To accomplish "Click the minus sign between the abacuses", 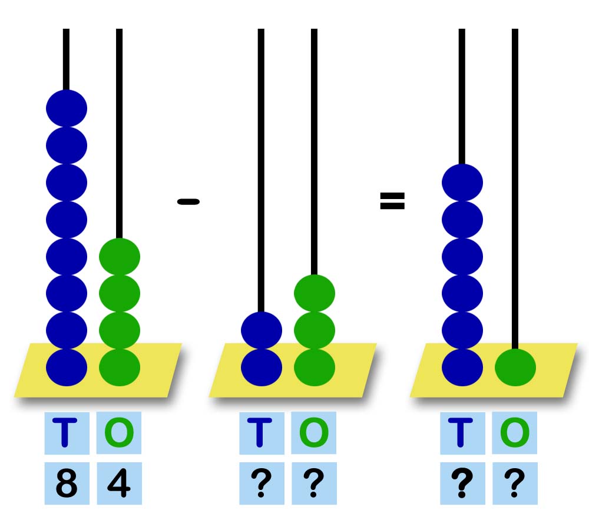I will pyautogui.click(x=188, y=202).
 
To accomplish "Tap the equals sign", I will pyautogui.click(x=392, y=201).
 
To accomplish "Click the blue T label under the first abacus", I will pyautogui.click(x=67, y=433).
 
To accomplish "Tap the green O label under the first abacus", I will pyautogui.click(x=119, y=433).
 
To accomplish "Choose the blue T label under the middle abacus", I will pyautogui.click(x=262, y=433).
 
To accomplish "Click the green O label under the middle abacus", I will pyautogui.click(x=314, y=433).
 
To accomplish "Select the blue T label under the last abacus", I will pyautogui.click(x=462, y=433).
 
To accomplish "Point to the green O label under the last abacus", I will pyautogui.click(x=515, y=433).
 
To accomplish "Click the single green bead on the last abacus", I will pyautogui.click(x=515, y=367).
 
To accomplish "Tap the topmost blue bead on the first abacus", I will pyautogui.click(x=67, y=108).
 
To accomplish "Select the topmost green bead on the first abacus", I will pyautogui.click(x=120, y=256).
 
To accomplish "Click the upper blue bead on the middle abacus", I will pyautogui.click(x=262, y=330).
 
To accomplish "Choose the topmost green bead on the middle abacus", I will pyautogui.click(x=315, y=293).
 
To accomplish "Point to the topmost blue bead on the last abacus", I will pyautogui.click(x=462, y=182).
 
